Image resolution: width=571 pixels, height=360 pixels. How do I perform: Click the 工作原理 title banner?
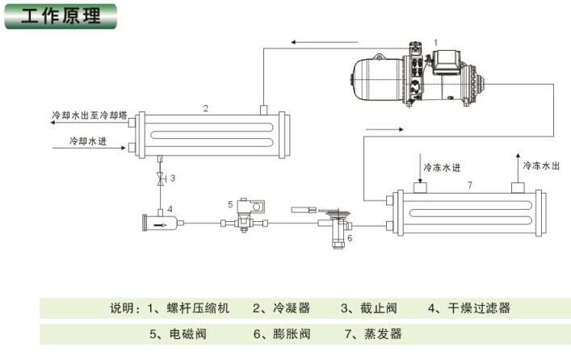61,16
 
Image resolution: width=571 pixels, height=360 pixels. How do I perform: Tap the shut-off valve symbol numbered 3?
160,178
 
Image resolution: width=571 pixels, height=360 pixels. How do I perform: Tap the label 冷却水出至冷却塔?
90,115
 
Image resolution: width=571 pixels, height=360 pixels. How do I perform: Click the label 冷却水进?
88,141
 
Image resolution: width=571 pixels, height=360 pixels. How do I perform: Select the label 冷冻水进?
442,167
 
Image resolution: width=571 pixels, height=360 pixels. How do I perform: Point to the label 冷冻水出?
541,165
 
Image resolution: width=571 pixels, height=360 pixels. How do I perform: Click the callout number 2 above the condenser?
206,108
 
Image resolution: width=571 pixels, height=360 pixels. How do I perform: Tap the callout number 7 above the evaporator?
470,185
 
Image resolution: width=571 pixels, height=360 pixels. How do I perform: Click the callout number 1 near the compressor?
436,43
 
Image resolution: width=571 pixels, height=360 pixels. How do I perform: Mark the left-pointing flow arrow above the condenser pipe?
325,42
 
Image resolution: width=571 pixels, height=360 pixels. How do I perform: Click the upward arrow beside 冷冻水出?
518,168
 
